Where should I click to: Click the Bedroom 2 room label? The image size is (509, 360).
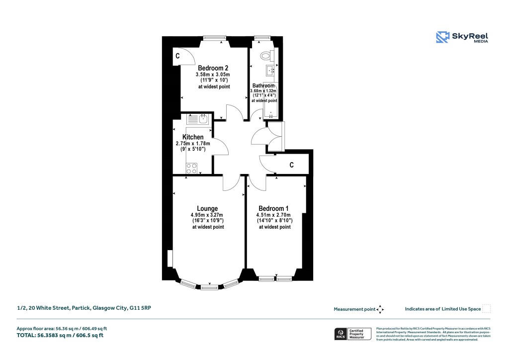pos(213,68)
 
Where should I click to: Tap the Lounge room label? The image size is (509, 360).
pos(207,208)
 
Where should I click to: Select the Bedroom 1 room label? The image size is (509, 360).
pos(273,208)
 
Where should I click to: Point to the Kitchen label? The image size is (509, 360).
pos(193,137)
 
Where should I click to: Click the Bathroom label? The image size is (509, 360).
pos(263,86)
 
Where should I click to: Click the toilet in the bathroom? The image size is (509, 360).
pos(265,55)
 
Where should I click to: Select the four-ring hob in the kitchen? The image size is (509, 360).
pos(191,168)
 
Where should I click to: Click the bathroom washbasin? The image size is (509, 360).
pos(269,69)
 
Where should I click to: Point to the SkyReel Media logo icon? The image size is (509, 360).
pos(442,37)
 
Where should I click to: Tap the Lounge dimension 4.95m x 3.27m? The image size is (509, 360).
pos(208,215)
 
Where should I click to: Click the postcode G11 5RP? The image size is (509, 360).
pos(141,308)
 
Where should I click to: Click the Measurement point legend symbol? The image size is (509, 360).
pos(380,309)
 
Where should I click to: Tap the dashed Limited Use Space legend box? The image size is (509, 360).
pos(487,309)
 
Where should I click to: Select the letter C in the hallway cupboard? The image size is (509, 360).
pos(292,165)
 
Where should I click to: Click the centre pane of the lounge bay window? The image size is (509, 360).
pos(209,286)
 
